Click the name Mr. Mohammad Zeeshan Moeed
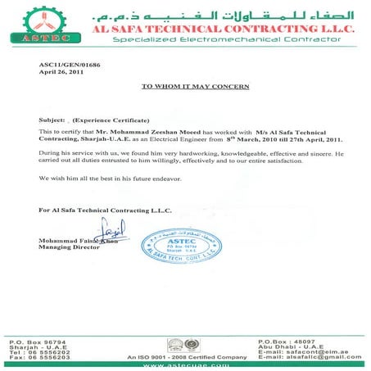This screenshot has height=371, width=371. tap(148, 132)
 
